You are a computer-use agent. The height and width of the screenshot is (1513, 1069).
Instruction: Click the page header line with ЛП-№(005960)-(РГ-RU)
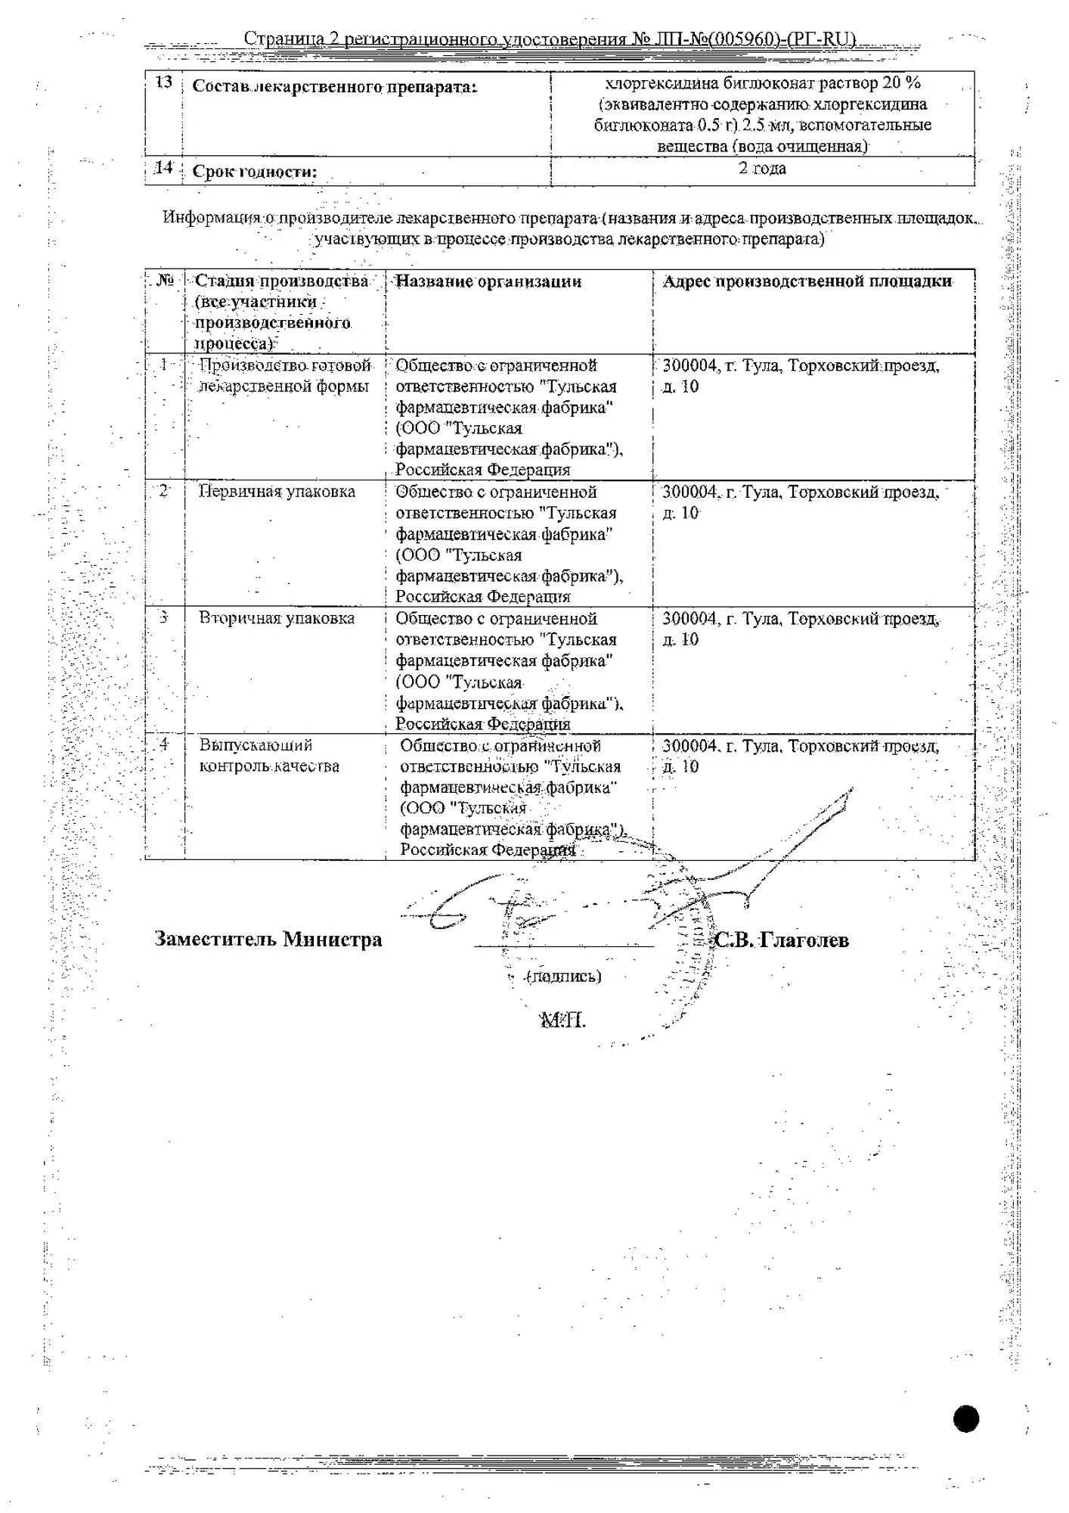coord(550,39)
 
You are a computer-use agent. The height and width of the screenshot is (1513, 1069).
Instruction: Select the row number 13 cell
coord(163,82)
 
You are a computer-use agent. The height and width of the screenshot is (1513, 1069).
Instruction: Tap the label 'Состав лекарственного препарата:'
coord(335,86)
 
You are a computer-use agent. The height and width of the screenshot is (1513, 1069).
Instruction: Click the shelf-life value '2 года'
coord(762,168)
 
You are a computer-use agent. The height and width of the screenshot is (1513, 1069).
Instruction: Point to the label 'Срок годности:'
coord(255,172)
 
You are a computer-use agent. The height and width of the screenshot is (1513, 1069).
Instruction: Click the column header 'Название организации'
coord(488,281)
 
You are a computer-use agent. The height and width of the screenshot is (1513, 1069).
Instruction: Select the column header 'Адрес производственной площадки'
coord(807,281)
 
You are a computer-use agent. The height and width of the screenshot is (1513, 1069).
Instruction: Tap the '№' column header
coord(165,281)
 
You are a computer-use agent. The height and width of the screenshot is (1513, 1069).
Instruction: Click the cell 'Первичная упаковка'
coord(277,492)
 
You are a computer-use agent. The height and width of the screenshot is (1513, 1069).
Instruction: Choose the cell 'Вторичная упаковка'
coord(277,618)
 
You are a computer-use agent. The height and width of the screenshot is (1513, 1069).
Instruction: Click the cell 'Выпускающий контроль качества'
coord(269,756)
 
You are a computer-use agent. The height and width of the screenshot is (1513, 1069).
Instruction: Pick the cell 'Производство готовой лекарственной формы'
coord(284,376)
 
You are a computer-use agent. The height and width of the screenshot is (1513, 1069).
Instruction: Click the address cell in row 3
coord(801,629)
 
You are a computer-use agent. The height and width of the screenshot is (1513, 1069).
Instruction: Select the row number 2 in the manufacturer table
coord(163,491)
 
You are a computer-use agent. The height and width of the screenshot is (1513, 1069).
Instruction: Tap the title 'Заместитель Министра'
coord(268,940)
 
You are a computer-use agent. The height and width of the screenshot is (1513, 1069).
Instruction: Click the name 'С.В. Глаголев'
coord(782,940)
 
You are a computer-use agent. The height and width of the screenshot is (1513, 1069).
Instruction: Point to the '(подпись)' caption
coord(565,976)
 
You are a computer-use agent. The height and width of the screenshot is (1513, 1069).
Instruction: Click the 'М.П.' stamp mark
coord(562,1020)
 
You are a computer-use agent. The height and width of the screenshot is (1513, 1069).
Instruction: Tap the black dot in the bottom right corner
coord(966,1418)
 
